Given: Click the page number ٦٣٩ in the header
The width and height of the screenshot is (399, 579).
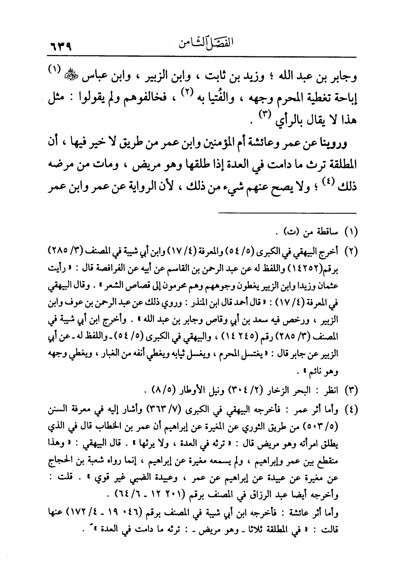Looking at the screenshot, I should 58,44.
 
